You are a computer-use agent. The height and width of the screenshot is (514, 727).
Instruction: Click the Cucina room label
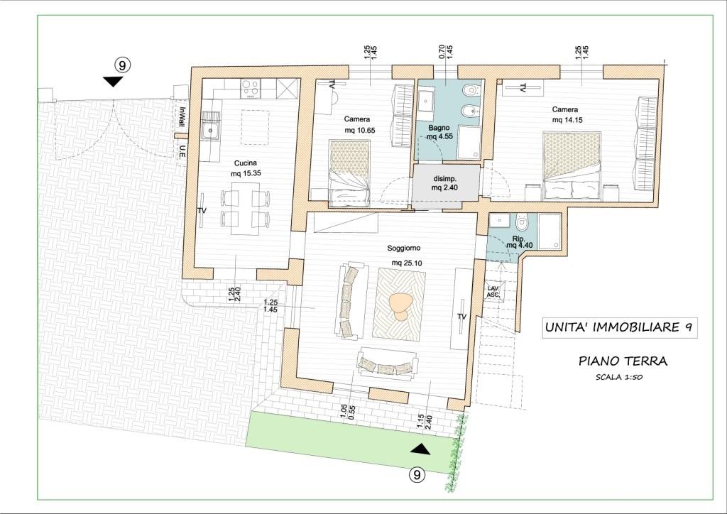click(x=245, y=163)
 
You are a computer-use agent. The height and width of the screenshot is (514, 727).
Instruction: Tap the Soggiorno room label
click(x=404, y=248)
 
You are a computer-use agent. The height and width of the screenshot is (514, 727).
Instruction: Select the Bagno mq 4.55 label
click(x=439, y=132)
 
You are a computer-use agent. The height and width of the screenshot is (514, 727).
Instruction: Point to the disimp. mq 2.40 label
click(x=445, y=183)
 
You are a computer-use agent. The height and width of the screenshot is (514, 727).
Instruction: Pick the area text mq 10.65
click(x=360, y=130)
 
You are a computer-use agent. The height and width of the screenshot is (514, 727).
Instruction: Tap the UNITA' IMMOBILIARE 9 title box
click(x=619, y=328)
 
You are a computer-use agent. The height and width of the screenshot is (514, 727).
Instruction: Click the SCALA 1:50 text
click(x=619, y=377)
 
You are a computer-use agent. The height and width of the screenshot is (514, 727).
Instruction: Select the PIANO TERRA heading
click(x=623, y=361)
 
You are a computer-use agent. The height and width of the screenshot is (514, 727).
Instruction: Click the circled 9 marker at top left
click(x=122, y=65)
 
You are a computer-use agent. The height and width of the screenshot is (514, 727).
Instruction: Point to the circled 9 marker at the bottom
click(x=417, y=475)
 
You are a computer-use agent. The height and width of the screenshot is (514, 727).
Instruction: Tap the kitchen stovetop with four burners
click(x=251, y=88)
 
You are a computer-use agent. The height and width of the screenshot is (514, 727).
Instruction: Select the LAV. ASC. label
click(x=493, y=292)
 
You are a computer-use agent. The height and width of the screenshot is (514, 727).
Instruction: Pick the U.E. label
click(x=182, y=151)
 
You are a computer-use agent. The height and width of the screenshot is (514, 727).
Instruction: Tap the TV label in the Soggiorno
click(x=461, y=317)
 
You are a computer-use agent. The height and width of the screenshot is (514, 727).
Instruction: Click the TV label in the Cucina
click(x=202, y=210)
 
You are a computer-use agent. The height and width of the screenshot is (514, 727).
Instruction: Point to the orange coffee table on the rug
click(x=399, y=307)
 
